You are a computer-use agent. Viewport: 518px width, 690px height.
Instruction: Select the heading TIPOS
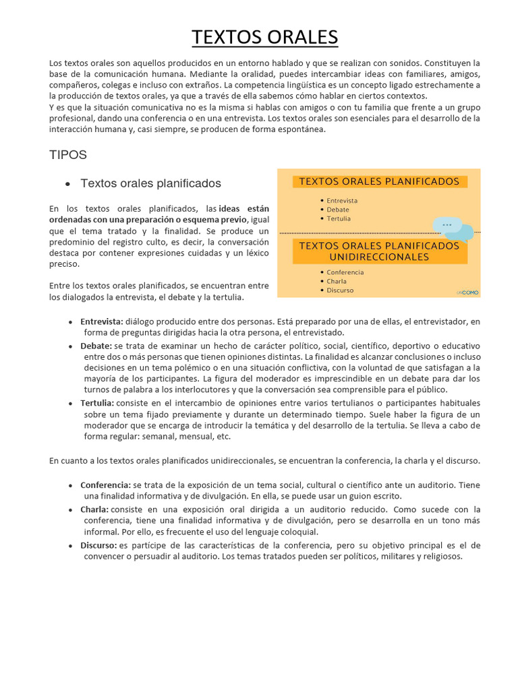(68, 155)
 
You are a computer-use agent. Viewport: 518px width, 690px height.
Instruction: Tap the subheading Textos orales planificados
(150, 183)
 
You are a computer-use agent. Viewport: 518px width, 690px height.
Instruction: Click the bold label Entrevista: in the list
(102, 322)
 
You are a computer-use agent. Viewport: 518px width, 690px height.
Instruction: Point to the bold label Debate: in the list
(96, 346)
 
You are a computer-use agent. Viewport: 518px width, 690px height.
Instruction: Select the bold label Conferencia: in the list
(105, 485)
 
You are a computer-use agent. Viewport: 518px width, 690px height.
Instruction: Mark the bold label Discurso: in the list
(98, 546)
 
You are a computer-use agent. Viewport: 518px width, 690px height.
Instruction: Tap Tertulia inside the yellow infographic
(338, 219)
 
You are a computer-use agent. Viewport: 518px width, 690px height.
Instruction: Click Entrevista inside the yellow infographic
(342, 201)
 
